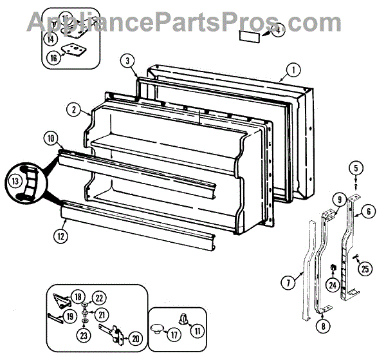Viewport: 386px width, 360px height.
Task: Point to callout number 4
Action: click(x=277, y=30)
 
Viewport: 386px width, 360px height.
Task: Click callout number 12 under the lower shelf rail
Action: click(x=60, y=236)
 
